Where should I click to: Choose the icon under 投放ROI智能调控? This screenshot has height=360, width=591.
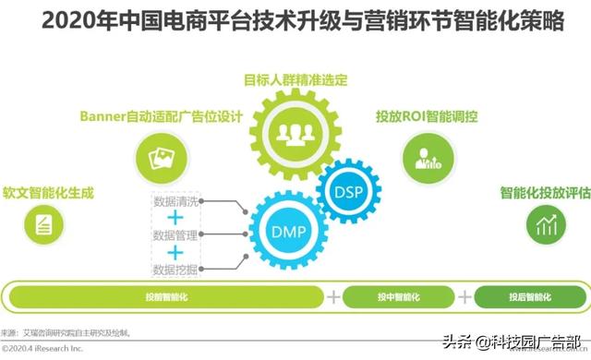pyautogui.click(x=428, y=158)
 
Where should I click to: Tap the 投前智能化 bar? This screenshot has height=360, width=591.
pyautogui.click(x=165, y=296)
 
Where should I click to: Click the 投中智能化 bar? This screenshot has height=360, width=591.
pyautogui.click(x=399, y=296)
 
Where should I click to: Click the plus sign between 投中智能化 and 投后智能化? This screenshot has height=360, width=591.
pyautogui.click(x=464, y=296)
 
